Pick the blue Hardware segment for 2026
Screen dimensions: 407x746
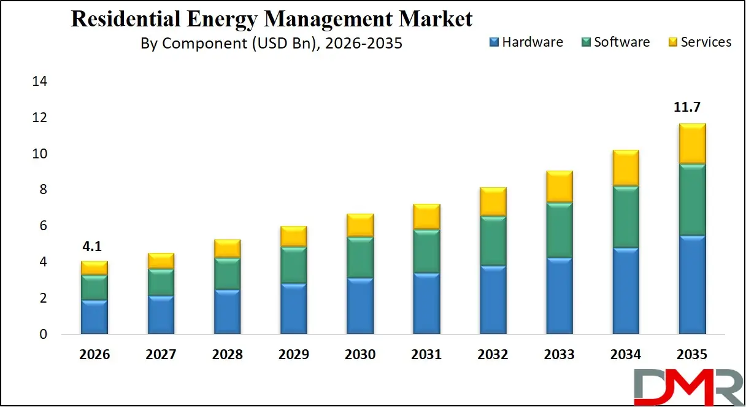coord(94,317)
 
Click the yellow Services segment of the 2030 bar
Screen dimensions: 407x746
coord(360,225)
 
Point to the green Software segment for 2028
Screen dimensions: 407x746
coord(227,274)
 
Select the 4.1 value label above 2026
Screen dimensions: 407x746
coord(93,247)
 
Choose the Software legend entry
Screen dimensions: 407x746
coord(615,42)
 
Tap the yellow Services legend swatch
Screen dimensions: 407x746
coord(672,42)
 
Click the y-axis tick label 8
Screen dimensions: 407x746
coord(43,190)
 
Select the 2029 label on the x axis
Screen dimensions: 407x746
coord(293,355)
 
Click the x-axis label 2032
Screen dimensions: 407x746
coord(492,355)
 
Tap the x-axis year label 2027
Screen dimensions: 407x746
coord(161,355)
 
